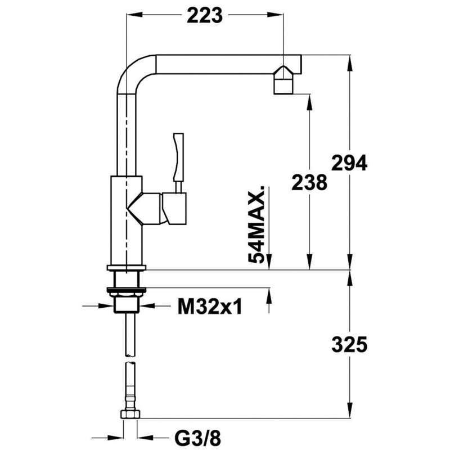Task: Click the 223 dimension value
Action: [x=205, y=15]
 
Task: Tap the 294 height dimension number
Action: [x=349, y=163]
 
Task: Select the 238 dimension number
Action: [x=309, y=182]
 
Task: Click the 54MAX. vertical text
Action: [x=256, y=224]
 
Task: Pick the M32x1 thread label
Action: [x=210, y=306]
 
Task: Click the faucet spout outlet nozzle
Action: [x=283, y=80]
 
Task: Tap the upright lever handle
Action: [x=178, y=157]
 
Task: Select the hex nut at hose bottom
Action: [x=130, y=414]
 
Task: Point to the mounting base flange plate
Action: [x=126, y=268]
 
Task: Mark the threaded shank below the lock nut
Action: [x=126, y=303]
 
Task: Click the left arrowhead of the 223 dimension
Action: [x=134, y=15]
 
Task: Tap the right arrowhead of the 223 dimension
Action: [x=275, y=15]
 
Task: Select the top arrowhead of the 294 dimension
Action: [x=349, y=63]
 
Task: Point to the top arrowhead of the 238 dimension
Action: [x=309, y=102]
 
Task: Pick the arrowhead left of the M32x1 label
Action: [x=106, y=306]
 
